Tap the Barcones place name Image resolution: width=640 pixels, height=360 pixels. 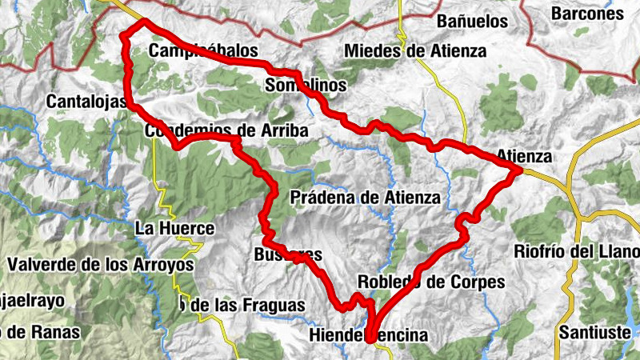[x=587, y=14]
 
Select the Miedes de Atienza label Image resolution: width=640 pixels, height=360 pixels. [x=414, y=51]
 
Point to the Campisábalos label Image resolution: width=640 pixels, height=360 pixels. [x=204, y=51]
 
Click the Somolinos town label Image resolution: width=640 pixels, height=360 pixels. [x=305, y=85]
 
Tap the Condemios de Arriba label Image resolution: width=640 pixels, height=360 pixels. [x=226, y=130]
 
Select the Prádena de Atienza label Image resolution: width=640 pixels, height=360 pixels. [x=366, y=197]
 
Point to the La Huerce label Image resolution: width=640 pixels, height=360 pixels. [x=174, y=229]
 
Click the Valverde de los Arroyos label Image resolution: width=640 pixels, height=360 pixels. [x=100, y=263]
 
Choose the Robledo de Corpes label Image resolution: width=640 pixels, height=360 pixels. [x=430, y=282]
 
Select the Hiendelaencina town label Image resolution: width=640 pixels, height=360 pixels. [x=367, y=334]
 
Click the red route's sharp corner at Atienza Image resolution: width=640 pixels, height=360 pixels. [x=519, y=169]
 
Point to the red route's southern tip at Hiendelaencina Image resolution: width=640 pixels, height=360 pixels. [x=370, y=339]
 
